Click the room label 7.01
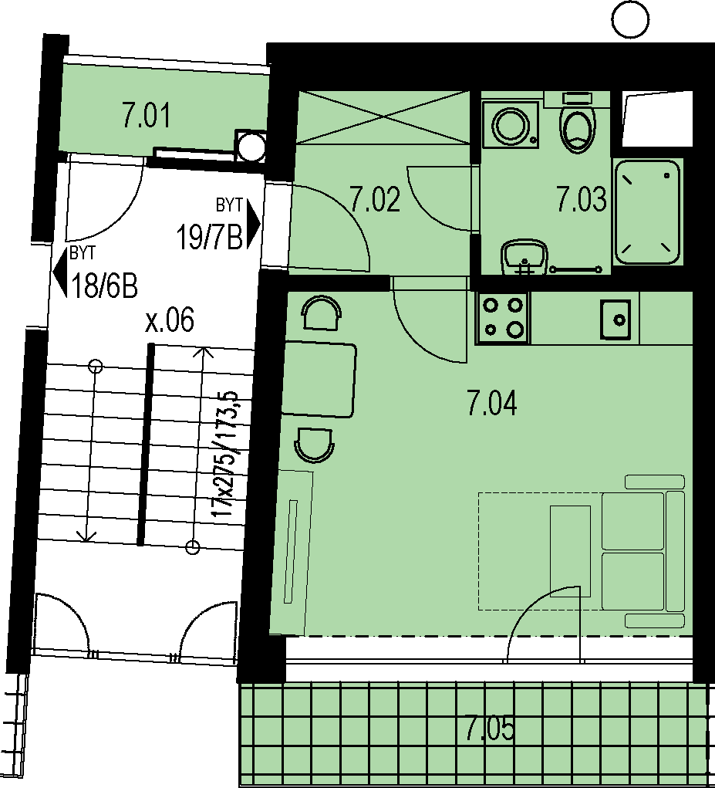point(147,115)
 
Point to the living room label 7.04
point(492,403)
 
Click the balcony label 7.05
point(490,729)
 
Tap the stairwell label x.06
point(170,320)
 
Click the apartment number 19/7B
point(209,237)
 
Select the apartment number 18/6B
point(104,286)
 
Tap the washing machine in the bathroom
point(510,124)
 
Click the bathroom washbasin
point(524,256)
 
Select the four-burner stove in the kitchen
point(501,318)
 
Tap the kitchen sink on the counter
point(615,319)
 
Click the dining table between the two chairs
point(319,380)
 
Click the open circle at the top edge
point(632,19)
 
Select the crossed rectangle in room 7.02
point(383,117)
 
